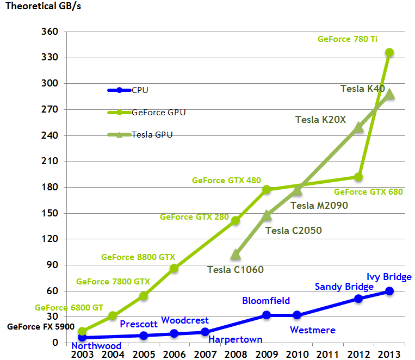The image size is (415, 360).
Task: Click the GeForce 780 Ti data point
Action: [x=389, y=53]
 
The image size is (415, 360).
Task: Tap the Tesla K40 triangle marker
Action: [x=389, y=95]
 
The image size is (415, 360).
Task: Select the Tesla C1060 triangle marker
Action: [x=236, y=254]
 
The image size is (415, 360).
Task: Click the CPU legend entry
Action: [x=128, y=90]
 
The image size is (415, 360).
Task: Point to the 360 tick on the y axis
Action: [x=50, y=32]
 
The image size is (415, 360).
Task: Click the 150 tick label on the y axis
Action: [x=50, y=213]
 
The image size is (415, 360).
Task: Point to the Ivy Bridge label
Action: [x=389, y=277]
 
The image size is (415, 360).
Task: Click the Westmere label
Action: [x=313, y=330]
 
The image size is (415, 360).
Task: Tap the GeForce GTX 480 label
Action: [x=227, y=181]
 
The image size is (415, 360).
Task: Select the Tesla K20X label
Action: [x=320, y=120]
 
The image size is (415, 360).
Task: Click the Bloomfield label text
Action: [x=266, y=301]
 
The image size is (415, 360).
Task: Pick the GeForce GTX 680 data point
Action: [x=358, y=177]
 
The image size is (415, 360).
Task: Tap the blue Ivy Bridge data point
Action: [x=389, y=291]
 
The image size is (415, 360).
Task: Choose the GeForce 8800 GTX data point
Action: [x=174, y=269]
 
